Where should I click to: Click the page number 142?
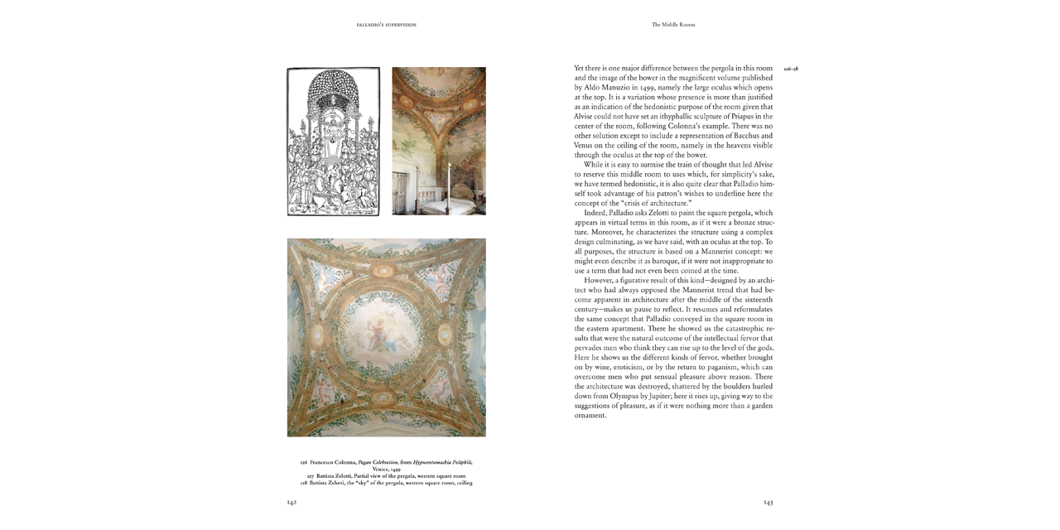[291, 502]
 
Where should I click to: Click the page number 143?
[768, 502]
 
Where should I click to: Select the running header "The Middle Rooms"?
[673, 25]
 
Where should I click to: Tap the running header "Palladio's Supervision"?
[386, 25]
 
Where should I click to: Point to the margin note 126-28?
[790, 69]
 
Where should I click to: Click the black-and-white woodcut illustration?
[333, 142]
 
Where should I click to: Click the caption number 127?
[311, 476]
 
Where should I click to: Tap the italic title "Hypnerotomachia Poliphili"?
[443, 462]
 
